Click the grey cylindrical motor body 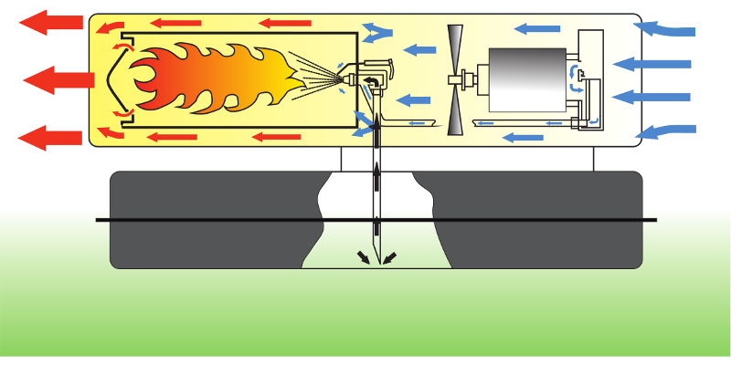click(x=525, y=80)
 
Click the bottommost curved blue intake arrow click(x=671, y=130)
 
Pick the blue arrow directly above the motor click(x=524, y=29)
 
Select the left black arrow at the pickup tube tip click(x=364, y=257)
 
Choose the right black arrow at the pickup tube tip click(x=389, y=257)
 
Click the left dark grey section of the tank click(x=210, y=219)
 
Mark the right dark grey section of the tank click(x=539, y=219)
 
